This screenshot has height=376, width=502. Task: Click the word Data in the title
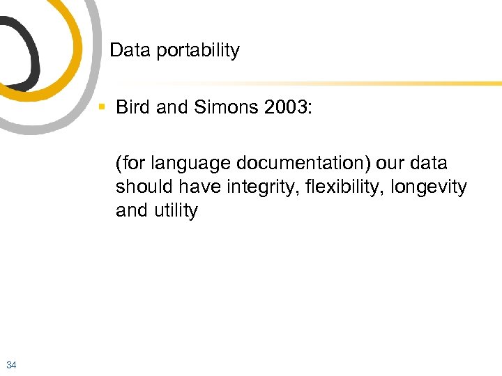pyautogui.click(x=126, y=51)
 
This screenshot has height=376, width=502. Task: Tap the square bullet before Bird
pyautogui.click(x=102, y=107)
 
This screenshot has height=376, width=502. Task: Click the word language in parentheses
pyautogui.click(x=181, y=164)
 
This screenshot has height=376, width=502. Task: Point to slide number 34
pyautogui.click(x=11, y=364)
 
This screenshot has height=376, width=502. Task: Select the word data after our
pyautogui.click(x=429, y=164)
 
